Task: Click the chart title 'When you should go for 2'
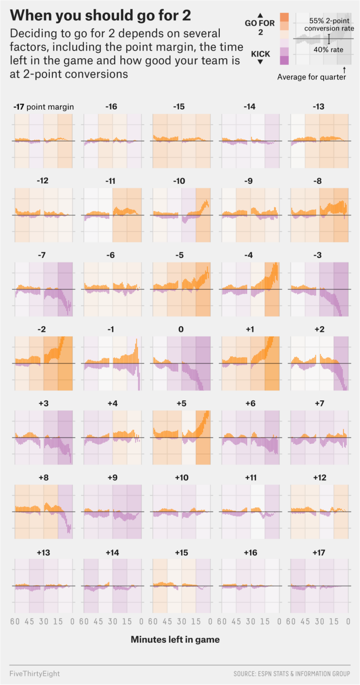click(100, 15)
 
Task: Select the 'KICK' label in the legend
click(261, 54)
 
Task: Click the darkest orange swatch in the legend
click(285, 17)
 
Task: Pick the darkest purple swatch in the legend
click(285, 60)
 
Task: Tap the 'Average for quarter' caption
click(312, 77)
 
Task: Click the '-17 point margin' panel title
click(44, 107)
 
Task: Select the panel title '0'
click(181, 329)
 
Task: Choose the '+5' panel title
click(181, 403)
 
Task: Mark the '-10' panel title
click(181, 181)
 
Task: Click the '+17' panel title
click(319, 552)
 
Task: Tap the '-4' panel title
click(250, 255)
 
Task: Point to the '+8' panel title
click(43, 478)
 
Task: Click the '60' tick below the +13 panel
click(15, 622)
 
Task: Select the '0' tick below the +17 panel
click(348, 622)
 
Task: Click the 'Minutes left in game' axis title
click(175, 640)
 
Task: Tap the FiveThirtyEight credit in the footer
click(34, 674)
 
